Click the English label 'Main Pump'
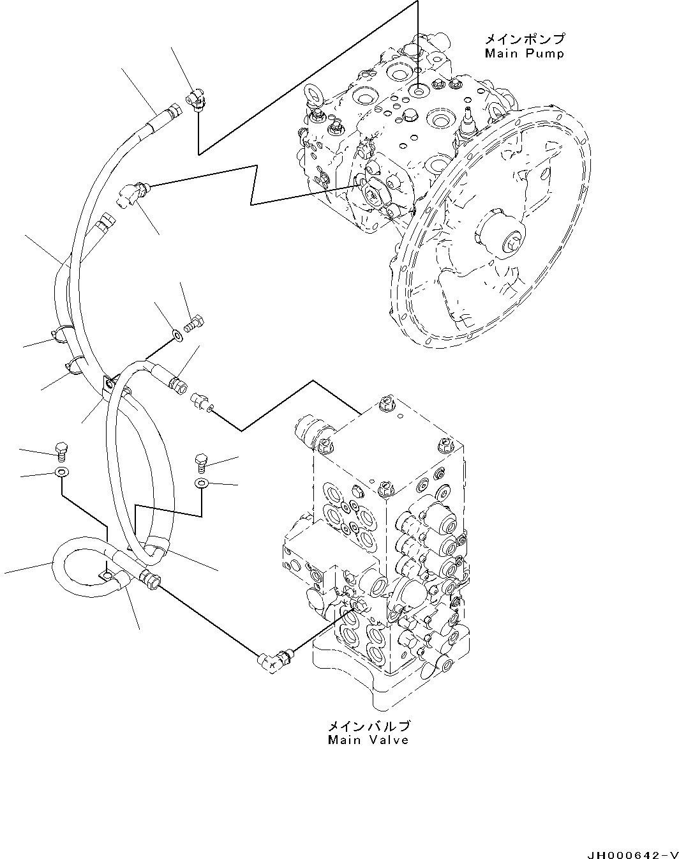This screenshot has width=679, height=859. (x=524, y=54)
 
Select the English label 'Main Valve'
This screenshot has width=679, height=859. (x=368, y=740)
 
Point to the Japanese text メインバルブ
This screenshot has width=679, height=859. (x=368, y=726)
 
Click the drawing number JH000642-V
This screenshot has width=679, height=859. (x=629, y=853)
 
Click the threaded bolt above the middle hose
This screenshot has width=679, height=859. (x=194, y=323)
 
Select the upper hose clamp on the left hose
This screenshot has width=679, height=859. (x=60, y=334)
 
